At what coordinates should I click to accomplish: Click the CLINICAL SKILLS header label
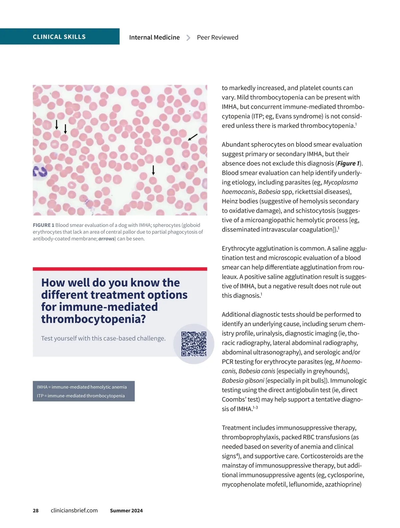click(59, 37)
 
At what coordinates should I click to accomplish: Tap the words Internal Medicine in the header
click(154, 37)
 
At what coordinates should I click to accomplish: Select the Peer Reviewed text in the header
click(217, 37)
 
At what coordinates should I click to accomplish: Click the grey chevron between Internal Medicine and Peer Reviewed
click(188, 38)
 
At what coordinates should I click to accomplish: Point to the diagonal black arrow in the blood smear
click(193, 137)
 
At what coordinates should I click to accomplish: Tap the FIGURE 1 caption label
click(43, 225)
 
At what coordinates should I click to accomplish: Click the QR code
click(194, 344)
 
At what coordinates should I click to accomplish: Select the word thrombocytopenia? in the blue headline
click(93, 319)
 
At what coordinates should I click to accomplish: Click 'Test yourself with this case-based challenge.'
click(103, 338)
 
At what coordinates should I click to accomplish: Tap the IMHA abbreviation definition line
click(82, 387)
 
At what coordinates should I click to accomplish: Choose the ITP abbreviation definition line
click(81, 396)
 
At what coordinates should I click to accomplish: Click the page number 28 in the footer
click(36, 511)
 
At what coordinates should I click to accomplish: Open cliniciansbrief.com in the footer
click(74, 511)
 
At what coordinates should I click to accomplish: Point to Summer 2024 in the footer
click(126, 511)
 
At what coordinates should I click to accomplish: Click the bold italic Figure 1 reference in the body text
click(348, 164)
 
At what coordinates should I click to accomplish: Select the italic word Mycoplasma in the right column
click(341, 183)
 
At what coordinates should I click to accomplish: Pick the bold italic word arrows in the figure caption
click(106, 239)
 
